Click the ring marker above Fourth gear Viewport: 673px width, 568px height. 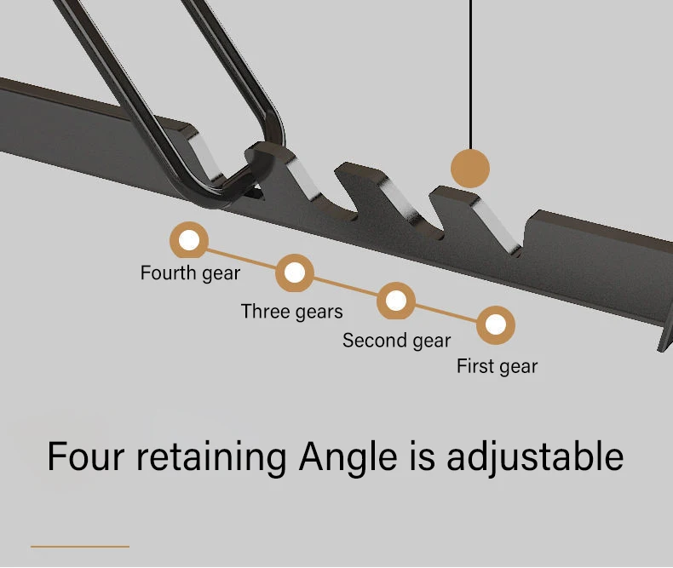pos(189,240)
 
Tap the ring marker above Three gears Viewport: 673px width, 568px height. pos(295,273)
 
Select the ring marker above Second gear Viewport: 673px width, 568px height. pos(396,301)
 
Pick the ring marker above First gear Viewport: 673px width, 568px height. pos(496,324)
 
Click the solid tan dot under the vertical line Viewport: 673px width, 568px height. pos(470,168)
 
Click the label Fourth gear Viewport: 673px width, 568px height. pos(190,273)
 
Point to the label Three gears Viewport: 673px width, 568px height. pos(291,312)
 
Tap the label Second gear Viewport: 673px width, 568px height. pos(396,341)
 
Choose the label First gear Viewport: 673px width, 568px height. pos(497,366)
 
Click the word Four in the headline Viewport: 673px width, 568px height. pos(83,456)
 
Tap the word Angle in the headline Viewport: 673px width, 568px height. pos(348,458)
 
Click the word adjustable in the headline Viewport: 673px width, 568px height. pos(535,458)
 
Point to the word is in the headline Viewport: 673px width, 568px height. pos(421,456)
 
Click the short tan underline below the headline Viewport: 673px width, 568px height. pos(80,546)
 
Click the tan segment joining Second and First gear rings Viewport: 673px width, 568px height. pos(446,313)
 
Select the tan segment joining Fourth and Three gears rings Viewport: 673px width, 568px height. pos(242,256)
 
